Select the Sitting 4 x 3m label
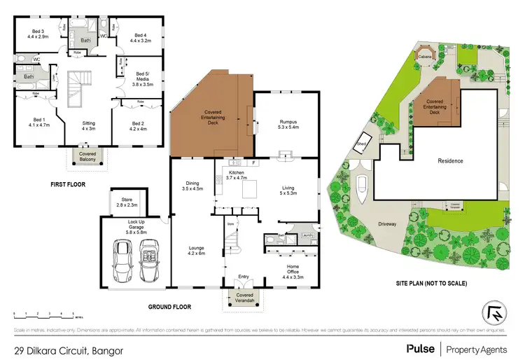[x=88, y=126]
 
